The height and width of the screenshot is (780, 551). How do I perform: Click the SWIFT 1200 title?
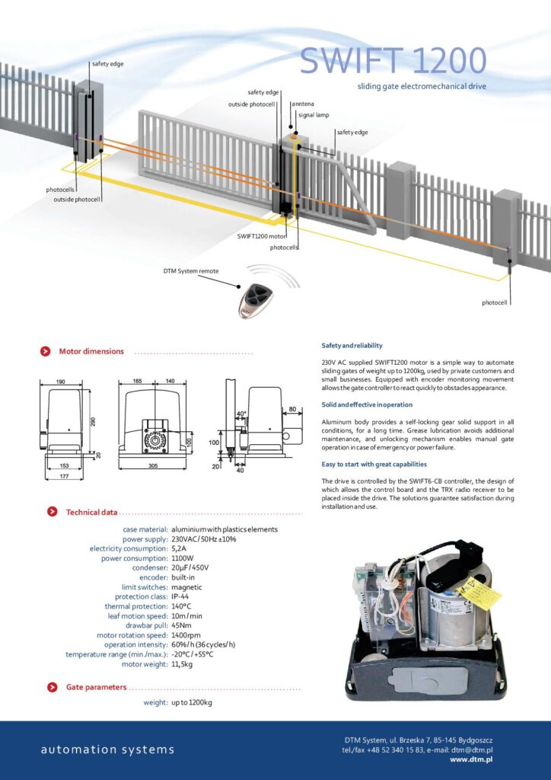392,61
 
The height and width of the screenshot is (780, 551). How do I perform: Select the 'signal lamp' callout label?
313,115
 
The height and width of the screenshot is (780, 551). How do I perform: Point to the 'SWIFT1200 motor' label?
261,236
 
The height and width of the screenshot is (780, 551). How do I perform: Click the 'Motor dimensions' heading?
91,351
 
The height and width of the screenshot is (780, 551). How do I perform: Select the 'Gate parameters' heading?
96,687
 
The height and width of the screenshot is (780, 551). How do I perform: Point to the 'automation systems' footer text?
107,750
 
